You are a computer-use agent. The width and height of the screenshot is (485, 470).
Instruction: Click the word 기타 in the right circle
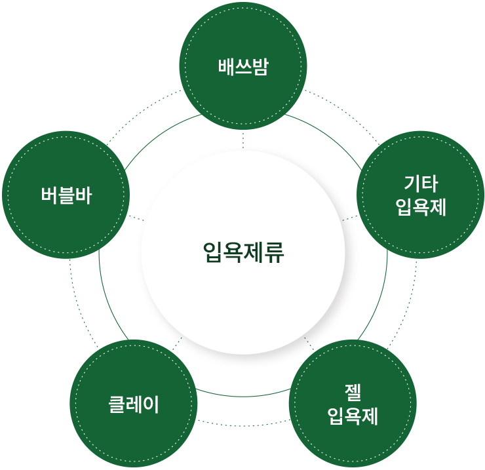tap(421, 183)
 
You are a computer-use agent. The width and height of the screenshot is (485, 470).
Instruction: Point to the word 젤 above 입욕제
tap(353, 392)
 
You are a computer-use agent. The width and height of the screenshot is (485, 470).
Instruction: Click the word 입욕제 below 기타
tap(421, 207)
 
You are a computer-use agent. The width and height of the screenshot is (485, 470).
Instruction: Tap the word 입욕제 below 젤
tap(353, 416)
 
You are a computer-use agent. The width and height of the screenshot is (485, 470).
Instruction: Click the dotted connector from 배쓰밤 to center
tap(243, 140)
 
